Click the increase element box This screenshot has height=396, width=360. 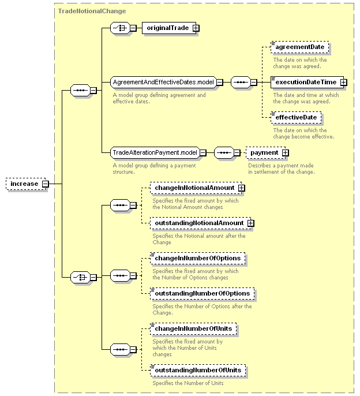(26, 184)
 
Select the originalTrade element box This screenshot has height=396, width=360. (169, 28)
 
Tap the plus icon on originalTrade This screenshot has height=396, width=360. (196, 28)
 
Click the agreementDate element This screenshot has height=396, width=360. (299, 47)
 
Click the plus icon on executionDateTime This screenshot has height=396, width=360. (344, 83)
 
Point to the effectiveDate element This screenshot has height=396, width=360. (296, 118)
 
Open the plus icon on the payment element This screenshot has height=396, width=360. (285, 153)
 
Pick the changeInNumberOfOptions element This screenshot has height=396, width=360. (198, 259)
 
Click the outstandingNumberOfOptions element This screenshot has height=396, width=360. (202, 294)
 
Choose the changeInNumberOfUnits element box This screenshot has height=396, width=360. (193, 329)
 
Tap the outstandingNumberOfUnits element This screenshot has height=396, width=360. (198, 371)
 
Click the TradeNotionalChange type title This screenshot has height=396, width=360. (92, 12)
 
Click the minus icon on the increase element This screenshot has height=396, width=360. (46, 184)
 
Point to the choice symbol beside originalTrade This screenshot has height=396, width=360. (120, 28)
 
